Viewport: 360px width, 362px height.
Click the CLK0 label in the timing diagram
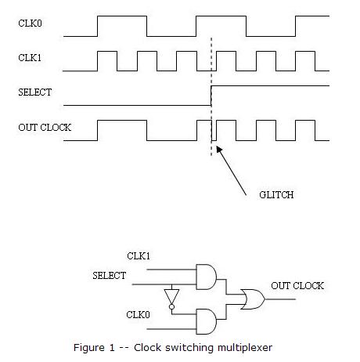tap(30, 23)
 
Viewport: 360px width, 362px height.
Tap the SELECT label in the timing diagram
tap(34, 92)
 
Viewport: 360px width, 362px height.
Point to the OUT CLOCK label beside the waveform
tap(45, 127)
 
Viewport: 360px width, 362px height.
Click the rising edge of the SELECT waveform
tap(211, 94)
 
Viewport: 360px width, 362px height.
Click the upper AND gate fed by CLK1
tap(206, 276)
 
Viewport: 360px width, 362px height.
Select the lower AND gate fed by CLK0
tap(206, 319)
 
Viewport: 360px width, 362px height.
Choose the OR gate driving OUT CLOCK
tap(253, 298)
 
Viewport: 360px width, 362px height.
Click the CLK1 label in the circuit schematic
tap(139, 255)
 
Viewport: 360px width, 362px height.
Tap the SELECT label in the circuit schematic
tap(109, 276)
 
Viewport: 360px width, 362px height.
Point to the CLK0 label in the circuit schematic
tap(139, 315)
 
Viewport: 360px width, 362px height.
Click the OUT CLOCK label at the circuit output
tap(297, 285)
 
